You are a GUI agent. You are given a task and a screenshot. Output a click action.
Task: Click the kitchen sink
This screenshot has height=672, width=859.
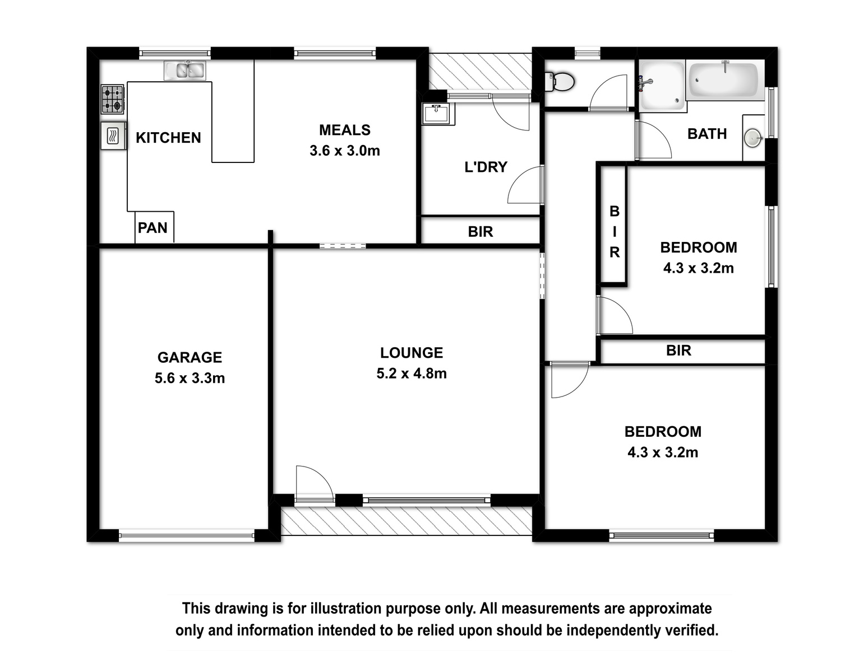(x=184, y=70)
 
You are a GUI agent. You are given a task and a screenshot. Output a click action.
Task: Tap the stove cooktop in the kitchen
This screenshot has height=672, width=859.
(x=113, y=99)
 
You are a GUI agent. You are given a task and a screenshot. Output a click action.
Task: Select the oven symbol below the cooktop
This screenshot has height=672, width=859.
(x=113, y=136)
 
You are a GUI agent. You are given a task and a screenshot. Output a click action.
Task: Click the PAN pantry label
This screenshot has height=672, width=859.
(x=153, y=228)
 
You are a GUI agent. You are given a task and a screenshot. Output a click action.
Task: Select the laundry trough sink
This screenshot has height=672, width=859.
(x=436, y=113)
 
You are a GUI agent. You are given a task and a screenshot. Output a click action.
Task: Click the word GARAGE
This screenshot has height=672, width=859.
(x=190, y=357)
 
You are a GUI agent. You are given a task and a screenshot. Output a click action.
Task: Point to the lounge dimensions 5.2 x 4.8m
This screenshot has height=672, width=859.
(x=412, y=373)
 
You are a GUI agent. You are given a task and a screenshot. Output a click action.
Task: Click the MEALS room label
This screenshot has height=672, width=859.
(x=345, y=130)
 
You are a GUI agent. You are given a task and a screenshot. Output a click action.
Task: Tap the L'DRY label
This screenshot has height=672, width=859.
(x=486, y=167)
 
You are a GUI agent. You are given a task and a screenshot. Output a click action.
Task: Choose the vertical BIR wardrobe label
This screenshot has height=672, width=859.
(x=615, y=232)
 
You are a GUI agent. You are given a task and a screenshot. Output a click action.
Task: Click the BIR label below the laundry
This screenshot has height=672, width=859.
(x=481, y=232)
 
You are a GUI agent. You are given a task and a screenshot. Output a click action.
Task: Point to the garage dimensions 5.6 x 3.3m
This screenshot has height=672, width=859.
(x=190, y=378)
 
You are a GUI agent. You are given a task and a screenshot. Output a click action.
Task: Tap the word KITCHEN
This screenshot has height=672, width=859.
(x=168, y=138)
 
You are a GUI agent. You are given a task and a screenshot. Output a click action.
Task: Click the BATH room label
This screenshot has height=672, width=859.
(x=707, y=134)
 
